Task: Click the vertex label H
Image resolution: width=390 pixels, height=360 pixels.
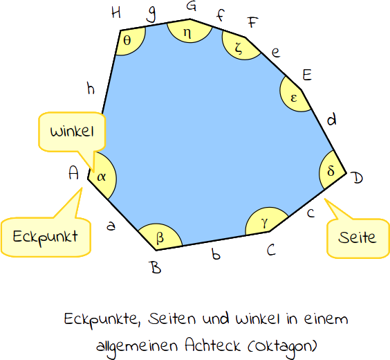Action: [x=116, y=12]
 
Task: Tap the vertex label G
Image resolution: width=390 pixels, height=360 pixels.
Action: [x=192, y=6]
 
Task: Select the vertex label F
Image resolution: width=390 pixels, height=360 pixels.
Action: [x=252, y=22]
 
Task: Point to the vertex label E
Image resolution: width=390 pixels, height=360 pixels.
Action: [x=308, y=75]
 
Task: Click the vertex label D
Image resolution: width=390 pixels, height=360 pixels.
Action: [x=357, y=178]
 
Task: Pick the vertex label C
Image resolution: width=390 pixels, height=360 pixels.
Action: [x=271, y=250]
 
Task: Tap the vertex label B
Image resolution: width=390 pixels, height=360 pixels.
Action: [x=156, y=267]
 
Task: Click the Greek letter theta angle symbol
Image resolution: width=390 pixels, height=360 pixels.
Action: [x=127, y=40]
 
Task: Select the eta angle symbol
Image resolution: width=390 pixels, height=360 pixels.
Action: [x=187, y=33]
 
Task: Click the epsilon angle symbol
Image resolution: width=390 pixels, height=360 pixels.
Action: [x=294, y=98]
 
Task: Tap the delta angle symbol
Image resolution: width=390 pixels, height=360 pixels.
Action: [x=331, y=171]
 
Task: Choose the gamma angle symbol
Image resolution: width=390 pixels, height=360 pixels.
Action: [x=265, y=222]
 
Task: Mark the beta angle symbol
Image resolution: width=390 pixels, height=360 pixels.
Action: [x=160, y=237]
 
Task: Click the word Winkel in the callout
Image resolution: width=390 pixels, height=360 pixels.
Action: [x=72, y=132]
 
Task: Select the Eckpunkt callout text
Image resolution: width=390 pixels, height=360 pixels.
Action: [x=45, y=237]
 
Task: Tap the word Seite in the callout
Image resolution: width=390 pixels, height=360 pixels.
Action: [x=357, y=237]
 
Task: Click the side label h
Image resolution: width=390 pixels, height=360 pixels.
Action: [x=91, y=89]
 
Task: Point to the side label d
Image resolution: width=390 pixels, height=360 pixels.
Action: [x=332, y=119]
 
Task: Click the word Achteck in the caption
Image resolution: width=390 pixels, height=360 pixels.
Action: [x=213, y=345]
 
